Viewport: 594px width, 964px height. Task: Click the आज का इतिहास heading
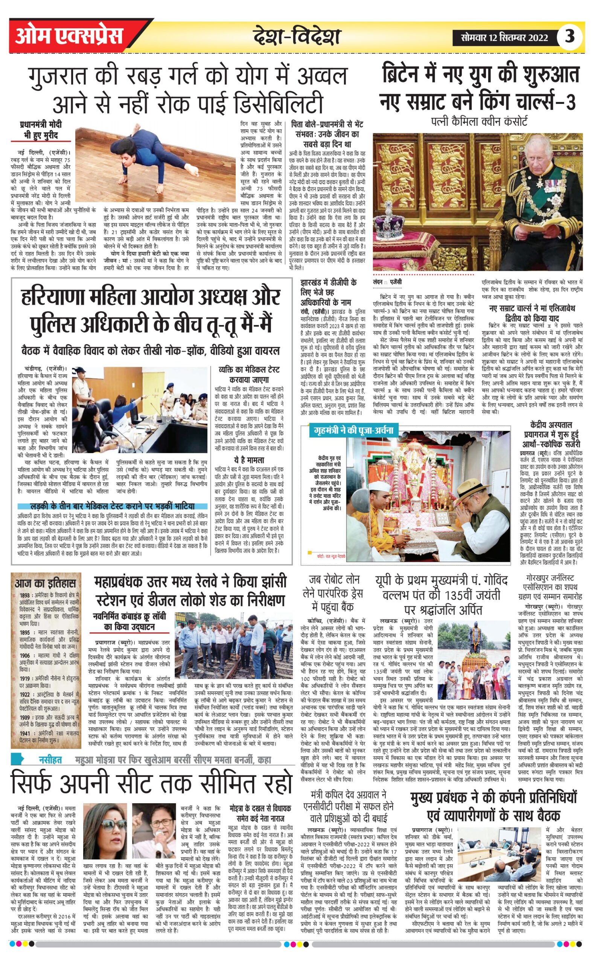[x=45, y=583]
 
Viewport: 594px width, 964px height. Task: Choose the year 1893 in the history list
[x=25, y=596]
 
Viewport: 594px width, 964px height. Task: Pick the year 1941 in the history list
[x=25, y=733]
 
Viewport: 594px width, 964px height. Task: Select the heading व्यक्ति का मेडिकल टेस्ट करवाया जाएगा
[x=249, y=375]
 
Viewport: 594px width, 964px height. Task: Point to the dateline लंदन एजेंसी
[x=387, y=282]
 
